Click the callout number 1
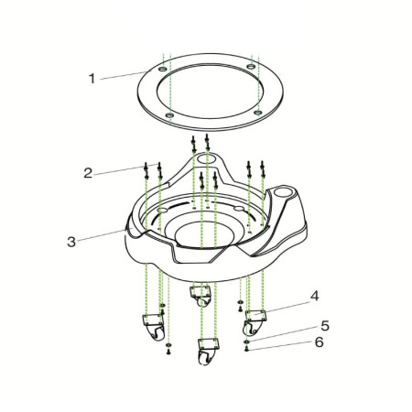92,79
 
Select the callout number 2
88,173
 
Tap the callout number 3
71,242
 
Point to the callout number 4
315,296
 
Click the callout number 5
325,326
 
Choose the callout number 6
319,342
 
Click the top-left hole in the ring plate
163,70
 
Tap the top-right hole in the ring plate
251,66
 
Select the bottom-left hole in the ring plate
169,115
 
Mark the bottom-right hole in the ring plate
258,113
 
